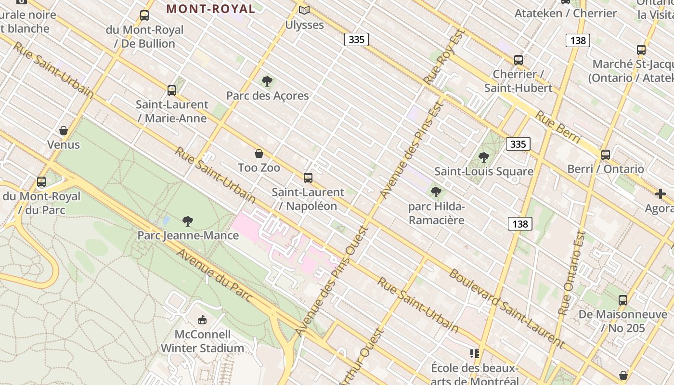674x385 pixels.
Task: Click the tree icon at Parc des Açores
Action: pos(267,81)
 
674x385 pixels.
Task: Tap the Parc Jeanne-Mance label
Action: pos(188,235)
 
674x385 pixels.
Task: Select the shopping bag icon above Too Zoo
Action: pos(259,154)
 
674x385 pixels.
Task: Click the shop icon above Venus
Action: pos(64,130)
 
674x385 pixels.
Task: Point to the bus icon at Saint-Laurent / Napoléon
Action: pos(308,178)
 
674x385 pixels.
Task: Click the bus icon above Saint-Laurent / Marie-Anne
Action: pos(172,90)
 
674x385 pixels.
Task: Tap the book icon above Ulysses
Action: pos(304,10)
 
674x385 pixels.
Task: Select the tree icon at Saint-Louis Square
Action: pos(484,157)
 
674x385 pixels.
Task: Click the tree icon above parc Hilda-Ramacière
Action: pos(436,192)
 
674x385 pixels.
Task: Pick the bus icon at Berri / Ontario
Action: pos(606,155)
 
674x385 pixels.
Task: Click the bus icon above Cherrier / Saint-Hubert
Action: pos(518,60)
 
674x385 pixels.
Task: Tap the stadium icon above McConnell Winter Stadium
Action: pos(203,320)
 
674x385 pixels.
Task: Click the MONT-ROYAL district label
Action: pos(211,9)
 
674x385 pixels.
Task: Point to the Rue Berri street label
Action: pos(558,127)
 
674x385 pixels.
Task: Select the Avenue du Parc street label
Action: pos(214,276)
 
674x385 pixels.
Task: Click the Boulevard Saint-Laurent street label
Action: pos(505,308)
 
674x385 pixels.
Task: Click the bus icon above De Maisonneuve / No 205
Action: pos(623,300)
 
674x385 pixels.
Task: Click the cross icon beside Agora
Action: pos(661,194)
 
